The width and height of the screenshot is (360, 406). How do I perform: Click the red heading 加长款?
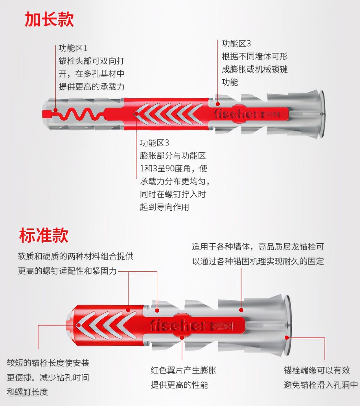pos(49,19)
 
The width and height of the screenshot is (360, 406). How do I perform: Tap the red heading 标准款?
pos(44,235)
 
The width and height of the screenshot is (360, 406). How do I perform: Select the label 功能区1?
pos(73,48)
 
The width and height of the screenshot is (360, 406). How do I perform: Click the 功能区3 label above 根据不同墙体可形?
pos(236,43)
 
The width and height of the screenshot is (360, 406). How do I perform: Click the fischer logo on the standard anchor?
pos(179,326)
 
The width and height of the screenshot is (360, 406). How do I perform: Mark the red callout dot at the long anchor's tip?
pos(56,110)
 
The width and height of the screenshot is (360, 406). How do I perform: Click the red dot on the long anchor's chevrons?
pos(137,114)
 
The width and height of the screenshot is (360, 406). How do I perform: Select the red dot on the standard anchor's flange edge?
pos(287,337)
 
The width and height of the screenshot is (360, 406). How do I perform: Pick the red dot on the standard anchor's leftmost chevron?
pos(79,325)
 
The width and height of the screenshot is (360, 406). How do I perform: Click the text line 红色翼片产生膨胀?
pos(183,370)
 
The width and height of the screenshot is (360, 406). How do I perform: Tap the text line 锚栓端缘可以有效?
pos(317,370)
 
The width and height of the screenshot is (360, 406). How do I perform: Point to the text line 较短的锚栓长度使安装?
pos(48,363)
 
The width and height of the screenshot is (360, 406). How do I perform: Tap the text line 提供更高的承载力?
pos(92,87)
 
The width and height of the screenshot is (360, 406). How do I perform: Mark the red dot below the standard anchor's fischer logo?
pos(182,337)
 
